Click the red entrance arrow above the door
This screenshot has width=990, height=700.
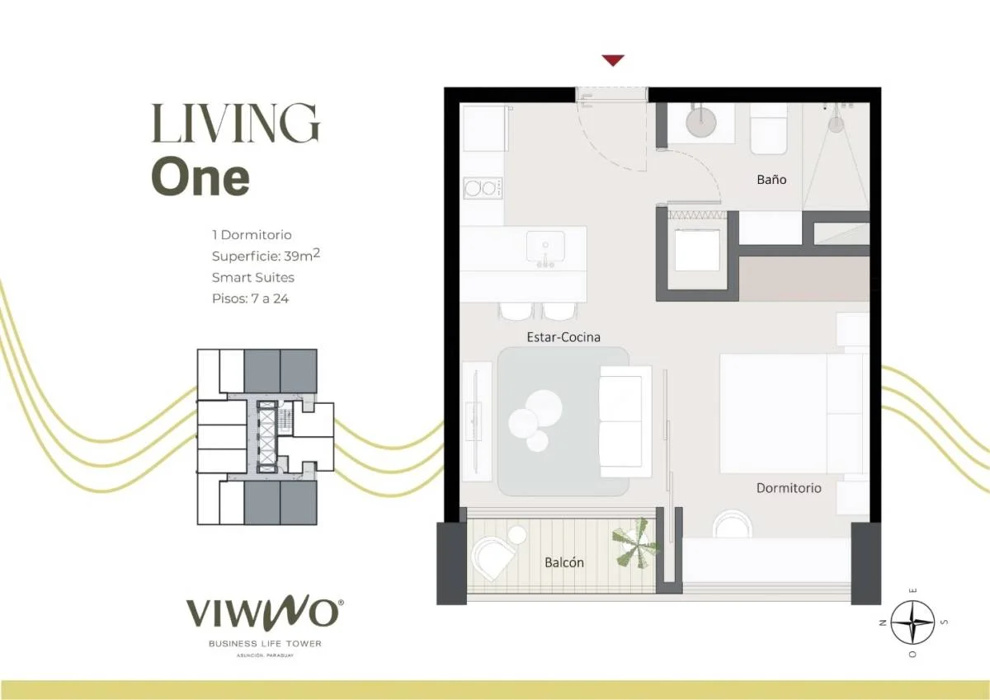tap(613, 60)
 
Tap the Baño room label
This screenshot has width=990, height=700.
tap(771, 179)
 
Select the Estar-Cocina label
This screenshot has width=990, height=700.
tap(563, 337)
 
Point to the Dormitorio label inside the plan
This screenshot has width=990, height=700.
tap(789, 488)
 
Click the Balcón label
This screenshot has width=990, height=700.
tap(564, 562)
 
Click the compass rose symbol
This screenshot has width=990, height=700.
tap(912, 622)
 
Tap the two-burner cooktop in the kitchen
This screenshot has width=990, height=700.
tap(483, 188)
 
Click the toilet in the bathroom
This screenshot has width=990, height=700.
tap(769, 129)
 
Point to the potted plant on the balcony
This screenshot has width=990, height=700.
tap(635, 543)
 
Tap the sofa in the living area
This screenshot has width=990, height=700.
tap(625, 421)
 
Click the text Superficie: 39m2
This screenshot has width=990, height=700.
tap(266, 256)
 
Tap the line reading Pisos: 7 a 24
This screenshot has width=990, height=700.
tap(250, 299)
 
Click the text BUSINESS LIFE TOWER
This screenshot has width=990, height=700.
tap(265, 644)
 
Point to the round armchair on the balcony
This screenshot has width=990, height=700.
tap(492, 557)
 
